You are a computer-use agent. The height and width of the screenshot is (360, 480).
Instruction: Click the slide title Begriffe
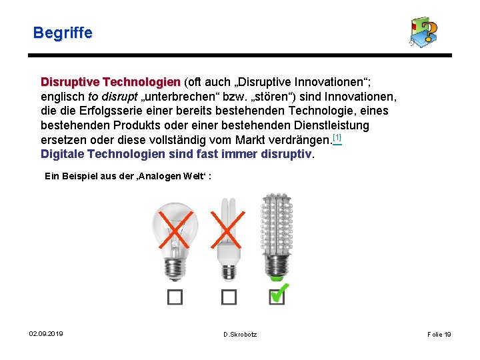click(x=63, y=33)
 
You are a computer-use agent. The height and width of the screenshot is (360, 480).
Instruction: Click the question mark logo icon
click(x=424, y=32)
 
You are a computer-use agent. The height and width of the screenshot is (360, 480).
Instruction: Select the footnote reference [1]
click(x=337, y=138)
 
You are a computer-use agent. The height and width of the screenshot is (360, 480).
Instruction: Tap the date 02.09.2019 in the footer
click(x=46, y=333)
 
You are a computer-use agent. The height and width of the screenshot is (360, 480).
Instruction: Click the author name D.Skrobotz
click(x=240, y=334)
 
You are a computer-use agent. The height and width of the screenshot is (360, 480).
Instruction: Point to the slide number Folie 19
click(x=439, y=334)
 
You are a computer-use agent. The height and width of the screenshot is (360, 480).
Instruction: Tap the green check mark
click(x=280, y=292)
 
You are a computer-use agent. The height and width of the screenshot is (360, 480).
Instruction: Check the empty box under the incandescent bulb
click(x=175, y=297)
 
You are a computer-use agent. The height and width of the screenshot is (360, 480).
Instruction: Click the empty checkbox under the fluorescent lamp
click(x=229, y=297)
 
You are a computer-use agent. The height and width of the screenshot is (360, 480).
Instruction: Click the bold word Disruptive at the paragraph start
click(x=70, y=82)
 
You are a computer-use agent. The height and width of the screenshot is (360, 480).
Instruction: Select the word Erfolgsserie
click(x=110, y=111)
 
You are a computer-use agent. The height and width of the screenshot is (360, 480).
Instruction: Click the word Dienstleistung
click(x=329, y=125)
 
